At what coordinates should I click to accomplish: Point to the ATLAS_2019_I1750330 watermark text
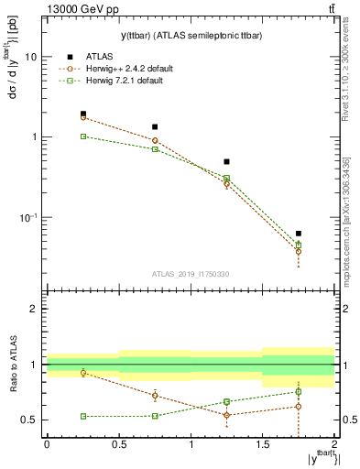(x=190, y=273)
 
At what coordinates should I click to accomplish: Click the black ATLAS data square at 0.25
(x=82, y=115)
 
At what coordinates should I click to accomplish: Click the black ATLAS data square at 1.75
(x=299, y=234)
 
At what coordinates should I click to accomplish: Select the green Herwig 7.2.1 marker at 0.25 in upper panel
(x=82, y=136)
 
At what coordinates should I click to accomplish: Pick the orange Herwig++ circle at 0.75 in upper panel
(x=155, y=140)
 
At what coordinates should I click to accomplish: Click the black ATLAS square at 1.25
(x=226, y=161)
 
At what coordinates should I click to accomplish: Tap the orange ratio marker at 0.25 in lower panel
(x=82, y=373)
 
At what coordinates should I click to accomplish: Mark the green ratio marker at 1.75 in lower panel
(x=299, y=392)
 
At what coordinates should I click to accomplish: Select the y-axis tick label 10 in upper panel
(x=30, y=57)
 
